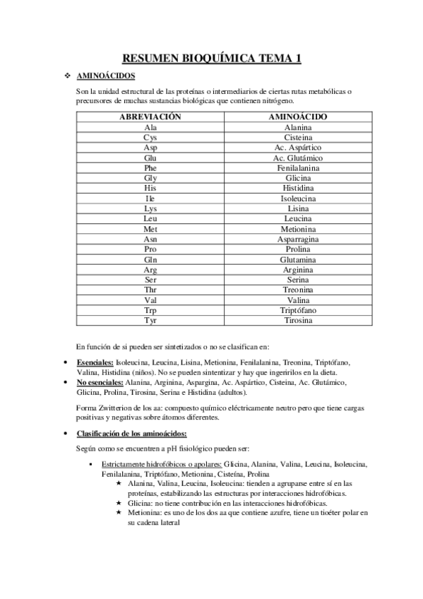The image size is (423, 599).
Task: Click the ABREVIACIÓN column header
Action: [x=150, y=117]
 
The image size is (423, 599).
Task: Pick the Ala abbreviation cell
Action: [x=150, y=127]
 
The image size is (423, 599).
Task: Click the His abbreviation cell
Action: [x=150, y=189]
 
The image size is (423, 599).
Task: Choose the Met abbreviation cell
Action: [x=150, y=230]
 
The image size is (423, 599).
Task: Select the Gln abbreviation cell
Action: [x=150, y=260]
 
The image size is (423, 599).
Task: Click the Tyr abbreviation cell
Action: [x=150, y=321]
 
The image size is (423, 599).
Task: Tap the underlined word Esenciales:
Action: [x=95, y=362]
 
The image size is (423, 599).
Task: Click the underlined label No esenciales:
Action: [x=100, y=382]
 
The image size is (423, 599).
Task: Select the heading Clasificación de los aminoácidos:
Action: [x=131, y=433]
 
